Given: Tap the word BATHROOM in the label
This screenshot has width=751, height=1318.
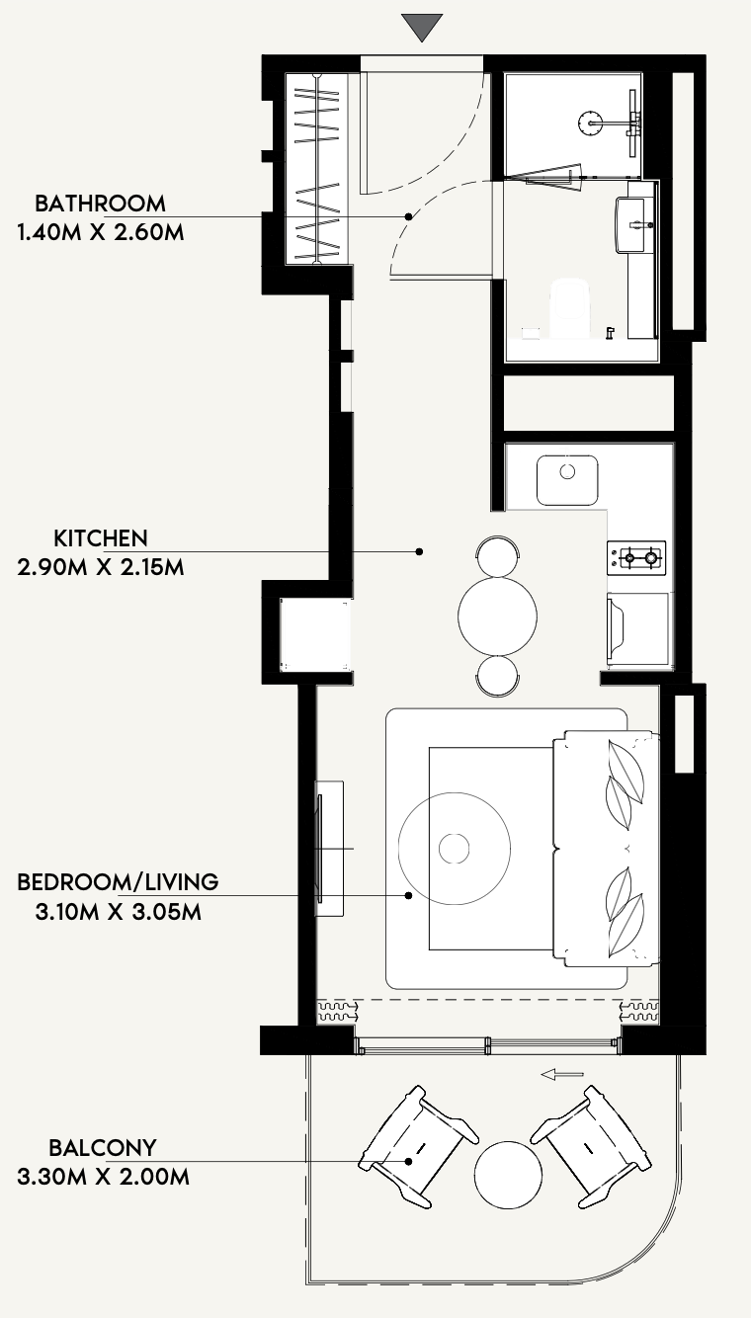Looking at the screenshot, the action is [100, 204].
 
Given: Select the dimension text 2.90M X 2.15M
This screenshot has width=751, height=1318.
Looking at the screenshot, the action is [101, 568].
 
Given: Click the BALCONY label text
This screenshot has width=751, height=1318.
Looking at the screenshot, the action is [103, 1148].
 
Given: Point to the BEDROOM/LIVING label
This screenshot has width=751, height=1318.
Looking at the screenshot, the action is [118, 882].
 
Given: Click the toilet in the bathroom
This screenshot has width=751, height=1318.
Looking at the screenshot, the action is [570, 308].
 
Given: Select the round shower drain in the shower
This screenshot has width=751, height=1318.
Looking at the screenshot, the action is [590, 123].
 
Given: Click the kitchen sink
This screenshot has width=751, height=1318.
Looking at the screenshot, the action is [567, 479].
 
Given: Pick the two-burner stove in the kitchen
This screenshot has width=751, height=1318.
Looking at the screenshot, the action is [636, 558].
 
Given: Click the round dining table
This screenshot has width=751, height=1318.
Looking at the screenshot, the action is [497, 617].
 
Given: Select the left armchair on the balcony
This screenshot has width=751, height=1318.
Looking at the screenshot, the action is [418, 1147].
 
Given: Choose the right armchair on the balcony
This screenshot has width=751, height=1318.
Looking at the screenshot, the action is [591, 1147].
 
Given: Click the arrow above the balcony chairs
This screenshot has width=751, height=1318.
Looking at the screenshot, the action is [562, 1075].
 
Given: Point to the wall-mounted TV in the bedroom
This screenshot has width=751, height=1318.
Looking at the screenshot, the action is [321, 849].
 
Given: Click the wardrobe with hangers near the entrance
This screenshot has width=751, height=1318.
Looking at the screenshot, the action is [318, 169].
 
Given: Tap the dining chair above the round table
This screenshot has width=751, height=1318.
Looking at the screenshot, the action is [498, 555].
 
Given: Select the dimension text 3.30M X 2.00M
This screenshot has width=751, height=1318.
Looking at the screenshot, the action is [104, 1178].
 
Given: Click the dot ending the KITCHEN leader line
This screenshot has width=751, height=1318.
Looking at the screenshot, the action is [419, 552].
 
